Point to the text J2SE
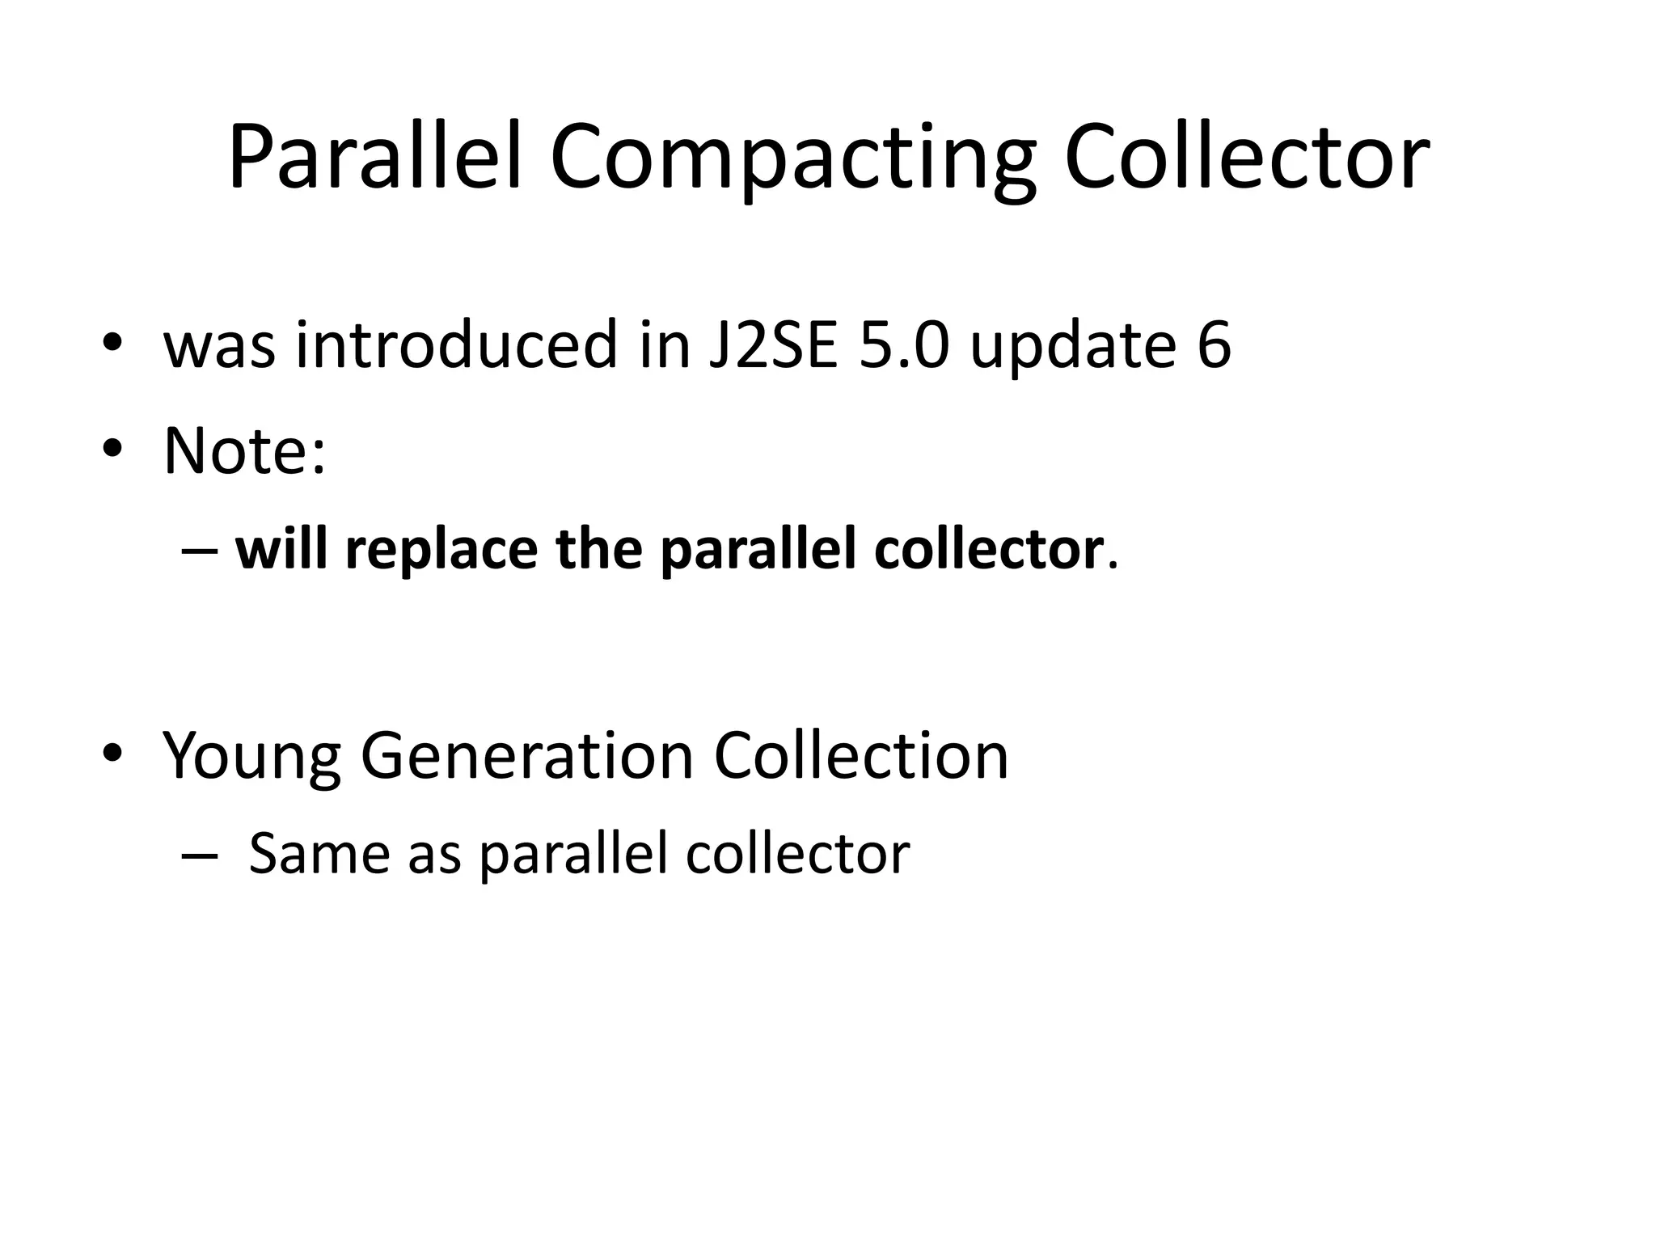[772, 345]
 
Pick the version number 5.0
[902, 345]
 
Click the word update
[1072, 345]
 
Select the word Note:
[245, 450]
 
